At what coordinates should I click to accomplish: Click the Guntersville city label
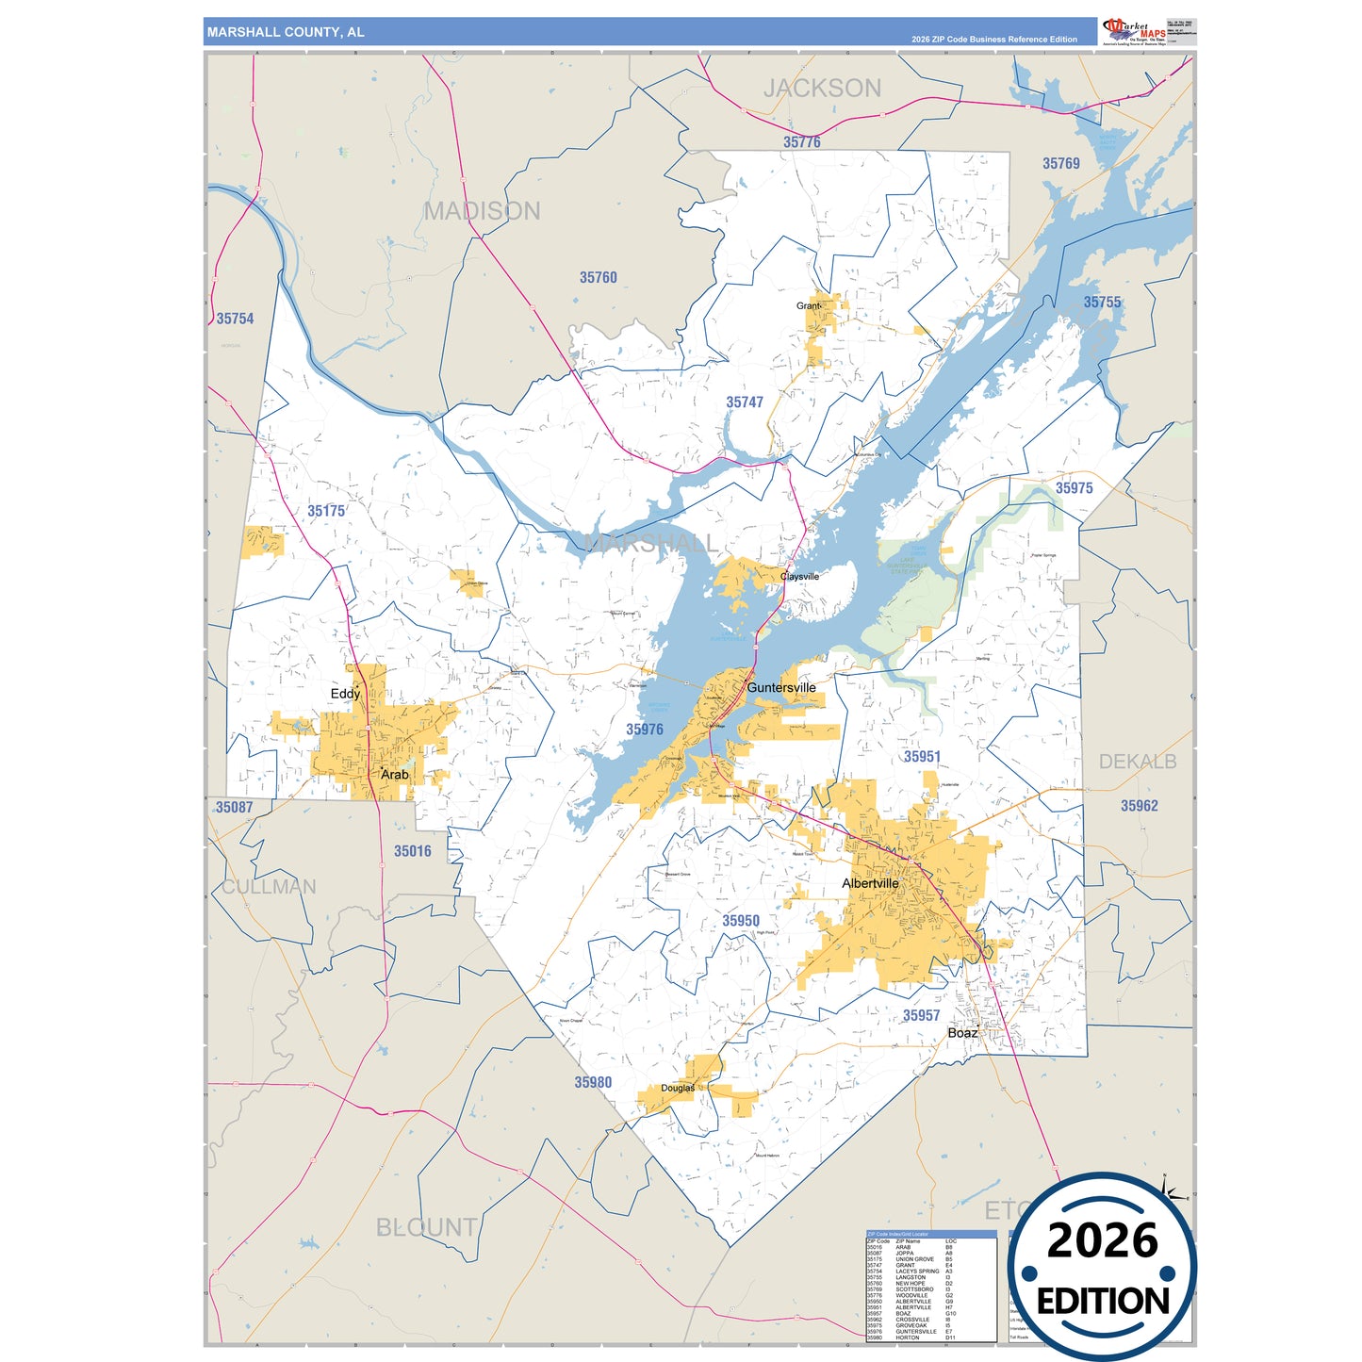(x=780, y=688)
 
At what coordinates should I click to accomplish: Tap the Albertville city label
(x=869, y=883)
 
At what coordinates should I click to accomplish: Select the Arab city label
(x=394, y=775)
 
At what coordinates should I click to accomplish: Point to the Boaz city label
(x=961, y=1033)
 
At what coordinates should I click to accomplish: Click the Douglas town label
(x=677, y=1088)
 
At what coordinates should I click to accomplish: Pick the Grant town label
(x=808, y=306)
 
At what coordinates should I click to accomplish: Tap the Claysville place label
(x=799, y=576)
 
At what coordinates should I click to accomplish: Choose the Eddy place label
(x=345, y=694)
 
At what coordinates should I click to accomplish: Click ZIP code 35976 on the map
(x=645, y=730)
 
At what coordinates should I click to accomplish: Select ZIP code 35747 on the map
(x=745, y=402)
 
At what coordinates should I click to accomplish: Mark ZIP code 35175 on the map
(x=326, y=511)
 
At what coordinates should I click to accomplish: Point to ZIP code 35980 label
(x=593, y=1082)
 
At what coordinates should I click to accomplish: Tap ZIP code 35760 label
(x=598, y=277)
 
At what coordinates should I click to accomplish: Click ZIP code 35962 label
(x=1139, y=806)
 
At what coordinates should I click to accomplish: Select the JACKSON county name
(x=822, y=89)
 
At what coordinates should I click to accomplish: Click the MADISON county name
(x=482, y=211)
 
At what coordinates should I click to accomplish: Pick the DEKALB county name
(x=1138, y=762)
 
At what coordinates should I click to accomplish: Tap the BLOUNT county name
(x=426, y=1227)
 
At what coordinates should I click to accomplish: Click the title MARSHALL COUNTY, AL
(x=286, y=32)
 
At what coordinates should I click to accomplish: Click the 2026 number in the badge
(x=1102, y=1240)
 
